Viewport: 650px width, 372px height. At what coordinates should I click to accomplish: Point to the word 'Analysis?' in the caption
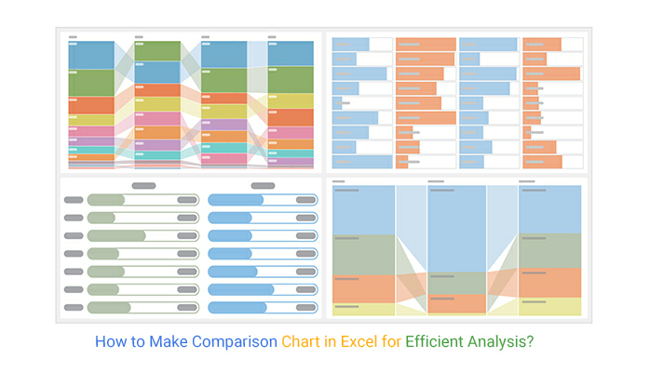click(x=503, y=341)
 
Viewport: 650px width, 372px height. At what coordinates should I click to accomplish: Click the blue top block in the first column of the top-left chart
click(x=90, y=55)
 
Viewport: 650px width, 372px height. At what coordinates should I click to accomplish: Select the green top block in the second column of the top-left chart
click(x=157, y=50)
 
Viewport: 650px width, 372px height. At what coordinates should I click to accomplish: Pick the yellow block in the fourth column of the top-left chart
click(x=291, y=100)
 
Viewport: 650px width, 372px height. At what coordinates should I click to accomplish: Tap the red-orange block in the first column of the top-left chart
click(x=90, y=104)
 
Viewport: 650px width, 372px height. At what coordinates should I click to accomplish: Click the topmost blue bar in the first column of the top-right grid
click(x=351, y=44)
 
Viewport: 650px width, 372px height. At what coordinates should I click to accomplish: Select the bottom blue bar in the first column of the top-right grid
click(x=362, y=161)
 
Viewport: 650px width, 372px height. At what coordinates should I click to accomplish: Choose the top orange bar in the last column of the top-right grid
click(x=542, y=44)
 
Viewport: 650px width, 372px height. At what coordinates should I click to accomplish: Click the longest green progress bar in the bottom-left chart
click(x=117, y=235)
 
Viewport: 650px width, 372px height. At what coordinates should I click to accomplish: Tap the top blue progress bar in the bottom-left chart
click(x=237, y=200)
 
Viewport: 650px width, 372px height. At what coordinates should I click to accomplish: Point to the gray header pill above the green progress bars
click(x=143, y=186)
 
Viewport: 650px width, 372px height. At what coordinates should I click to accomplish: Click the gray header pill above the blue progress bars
click(x=263, y=186)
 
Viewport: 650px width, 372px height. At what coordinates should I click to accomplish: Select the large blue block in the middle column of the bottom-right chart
click(x=456, y=228)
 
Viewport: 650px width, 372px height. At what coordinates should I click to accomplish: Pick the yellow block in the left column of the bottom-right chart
click(x=363, y=309)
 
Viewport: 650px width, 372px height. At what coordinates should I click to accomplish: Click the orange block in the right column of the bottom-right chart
click(x=549, y=282)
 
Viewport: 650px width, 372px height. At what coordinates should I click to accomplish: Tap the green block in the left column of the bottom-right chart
click(x=363, y=254)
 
